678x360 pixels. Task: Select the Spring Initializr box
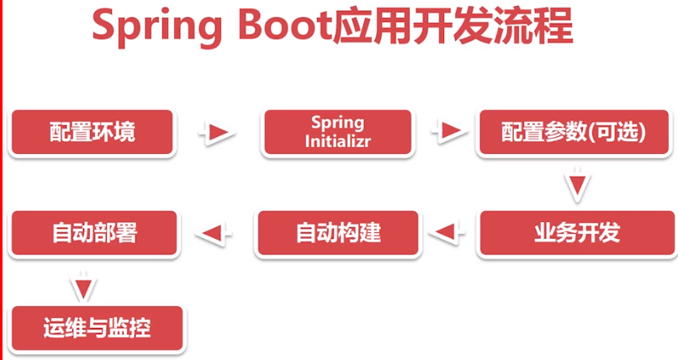[337, 132]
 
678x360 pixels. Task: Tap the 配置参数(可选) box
[574, 133]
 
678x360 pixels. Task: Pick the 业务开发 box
[576, 232]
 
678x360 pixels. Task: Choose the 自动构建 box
[337, 232]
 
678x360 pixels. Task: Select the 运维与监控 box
[97, 327]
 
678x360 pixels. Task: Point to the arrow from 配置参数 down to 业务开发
[575, 185]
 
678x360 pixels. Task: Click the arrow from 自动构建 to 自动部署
[215, 231]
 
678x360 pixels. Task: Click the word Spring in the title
[149, 28]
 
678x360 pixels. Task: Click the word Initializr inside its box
[337, 141]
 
